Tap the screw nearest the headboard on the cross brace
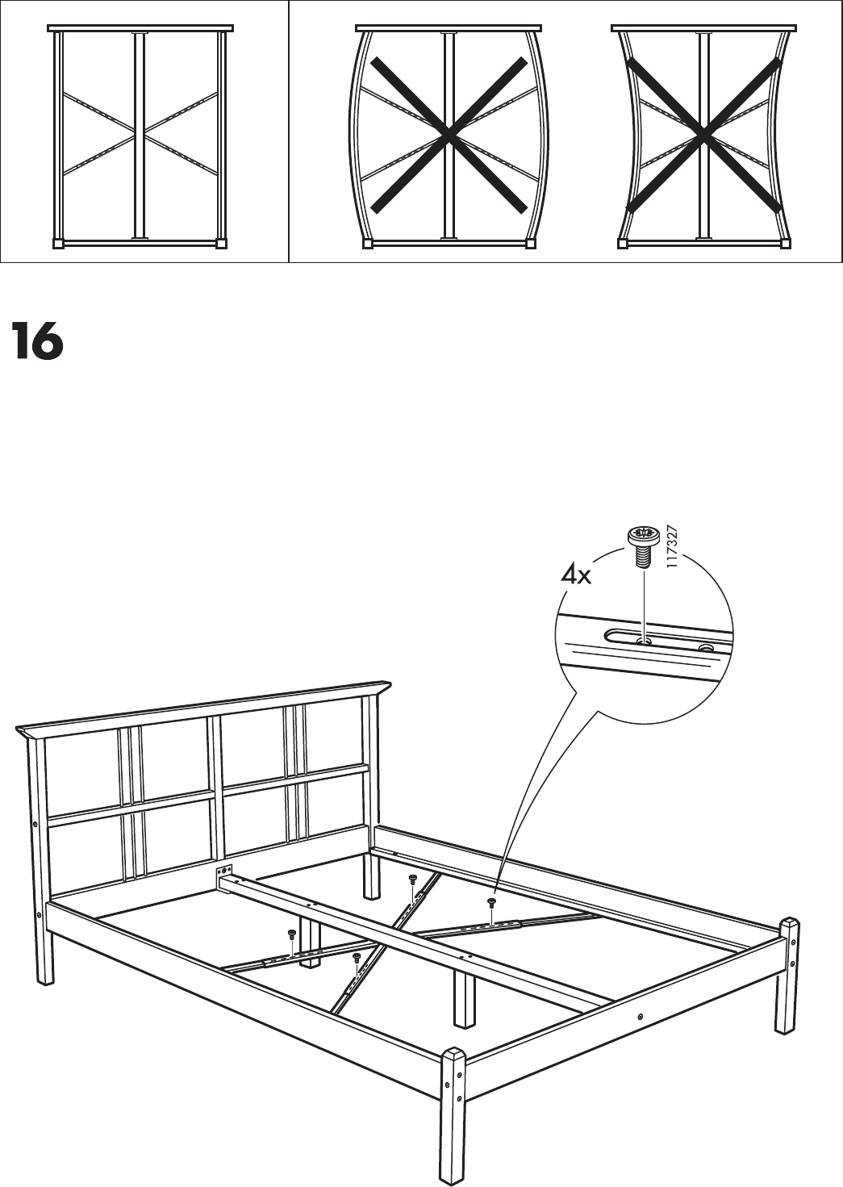[x=412, y=879]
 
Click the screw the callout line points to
[x=490, y=902]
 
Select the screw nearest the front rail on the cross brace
[x=356, y=957]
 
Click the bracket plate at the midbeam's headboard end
[x=224, y=873]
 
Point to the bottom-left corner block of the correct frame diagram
[x=57, y=242]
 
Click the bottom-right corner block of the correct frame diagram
[x=221, y=242]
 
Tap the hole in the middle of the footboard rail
[x=639, y=1018]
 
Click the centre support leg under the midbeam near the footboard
[x=463, y=1000]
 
